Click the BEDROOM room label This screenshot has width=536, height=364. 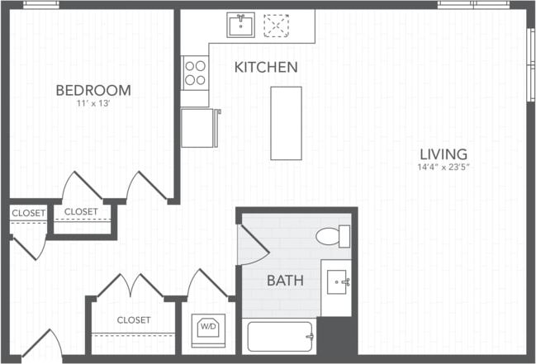click(x=92, y=90)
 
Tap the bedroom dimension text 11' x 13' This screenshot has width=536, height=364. click(x=92, y=105)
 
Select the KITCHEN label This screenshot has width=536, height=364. click(x=266, y=68)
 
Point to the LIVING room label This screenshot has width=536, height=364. click(x=443, y=154)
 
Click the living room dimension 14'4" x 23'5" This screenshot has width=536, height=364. click(x=443, y=168)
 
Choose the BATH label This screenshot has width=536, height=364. click(x=284, y=281)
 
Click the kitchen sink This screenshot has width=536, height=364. click(x=241, y=26)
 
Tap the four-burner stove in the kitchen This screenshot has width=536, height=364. click(x=196, y=73)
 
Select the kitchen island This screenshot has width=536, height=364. click(x=286, y=123)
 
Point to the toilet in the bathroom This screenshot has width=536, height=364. click(x=333, y=236)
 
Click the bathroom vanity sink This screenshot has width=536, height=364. click(x=336, y=283)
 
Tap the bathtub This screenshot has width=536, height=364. click(x=280, y=337)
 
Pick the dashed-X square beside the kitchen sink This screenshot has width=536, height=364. click(x=275, y=26)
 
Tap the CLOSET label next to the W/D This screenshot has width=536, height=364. click(x=133, y=319)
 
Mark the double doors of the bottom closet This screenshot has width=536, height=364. click(x=130, y=286)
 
